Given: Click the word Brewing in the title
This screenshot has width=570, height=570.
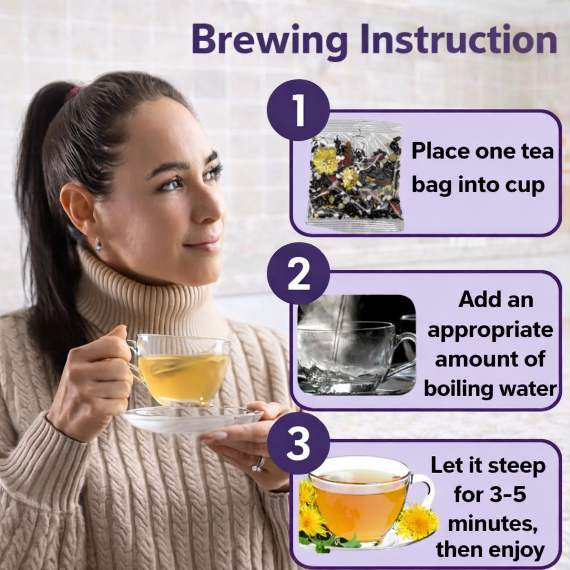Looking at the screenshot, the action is [x=269, y=40].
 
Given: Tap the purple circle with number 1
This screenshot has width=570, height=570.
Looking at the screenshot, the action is [x=298, y=110].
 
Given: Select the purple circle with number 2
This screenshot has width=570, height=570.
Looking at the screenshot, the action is [x=298, y=273].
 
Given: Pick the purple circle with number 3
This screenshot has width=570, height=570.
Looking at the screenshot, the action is [x=298, y=443].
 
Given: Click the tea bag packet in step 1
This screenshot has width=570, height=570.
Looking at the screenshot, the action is [x=355, y=176].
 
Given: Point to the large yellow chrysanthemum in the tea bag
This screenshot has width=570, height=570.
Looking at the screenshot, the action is [x=326, y=160].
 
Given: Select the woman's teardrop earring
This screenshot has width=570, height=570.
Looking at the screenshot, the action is [x=99, y=244].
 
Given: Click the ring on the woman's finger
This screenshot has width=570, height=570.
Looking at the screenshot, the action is [x=259, y=464].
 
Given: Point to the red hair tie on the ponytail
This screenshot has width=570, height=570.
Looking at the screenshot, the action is [x=73, y=92].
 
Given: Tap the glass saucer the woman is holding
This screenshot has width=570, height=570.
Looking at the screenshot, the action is [x=192, y=420].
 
